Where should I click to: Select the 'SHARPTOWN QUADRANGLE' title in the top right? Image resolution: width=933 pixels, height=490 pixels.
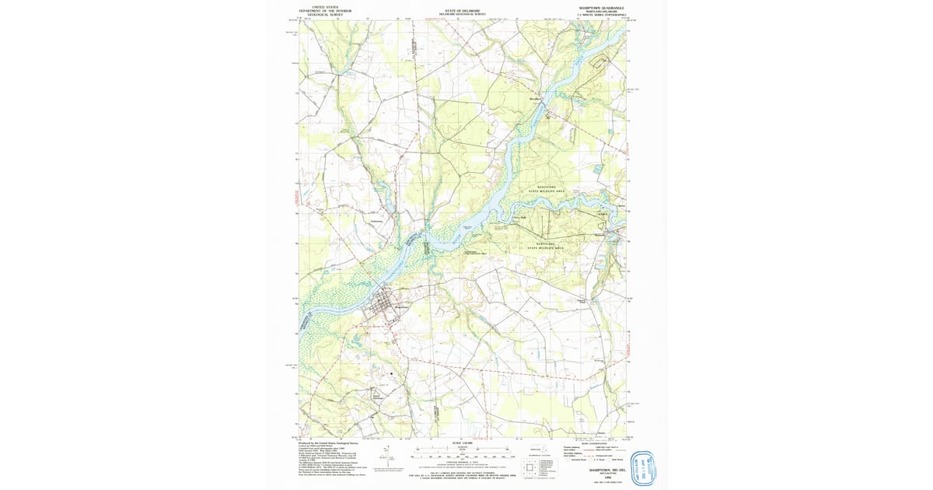601,7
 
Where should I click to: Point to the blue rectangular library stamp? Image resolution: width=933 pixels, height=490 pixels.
644,468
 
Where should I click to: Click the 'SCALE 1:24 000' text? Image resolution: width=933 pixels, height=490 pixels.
462,444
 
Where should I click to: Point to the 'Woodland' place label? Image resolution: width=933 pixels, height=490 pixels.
535,100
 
